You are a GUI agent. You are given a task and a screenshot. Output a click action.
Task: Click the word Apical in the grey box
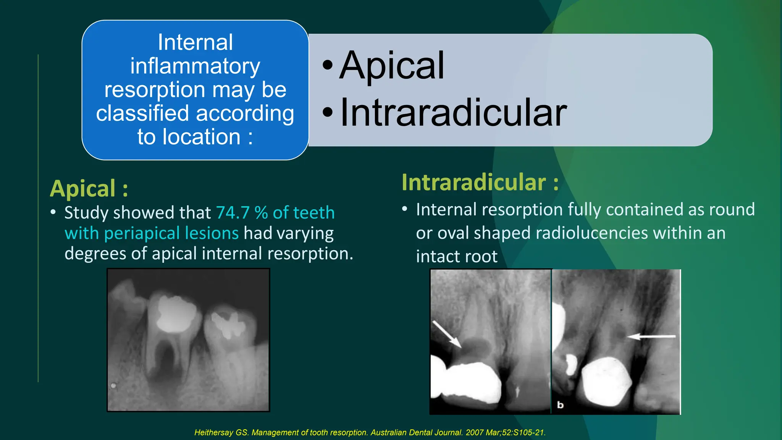(392, 66)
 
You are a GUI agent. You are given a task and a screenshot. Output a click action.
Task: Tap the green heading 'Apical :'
(89, 189)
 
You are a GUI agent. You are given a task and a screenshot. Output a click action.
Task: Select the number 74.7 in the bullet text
(233, 213)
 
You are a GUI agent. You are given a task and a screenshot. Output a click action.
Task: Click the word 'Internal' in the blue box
(195, 42)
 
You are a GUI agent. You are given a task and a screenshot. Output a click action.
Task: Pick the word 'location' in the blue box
(201, 137)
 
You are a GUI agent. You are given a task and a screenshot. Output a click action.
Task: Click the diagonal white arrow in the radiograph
(447, 334)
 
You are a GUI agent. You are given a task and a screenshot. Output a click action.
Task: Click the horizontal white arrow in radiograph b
(651, 336)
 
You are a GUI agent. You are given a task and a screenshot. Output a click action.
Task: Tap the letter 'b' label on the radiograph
(560, 405)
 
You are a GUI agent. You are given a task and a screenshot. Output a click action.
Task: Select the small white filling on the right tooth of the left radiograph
(228, 325)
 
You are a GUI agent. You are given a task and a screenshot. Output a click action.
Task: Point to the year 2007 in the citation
(475, 432)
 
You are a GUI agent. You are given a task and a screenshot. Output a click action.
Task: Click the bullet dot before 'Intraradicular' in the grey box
(328, 113)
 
